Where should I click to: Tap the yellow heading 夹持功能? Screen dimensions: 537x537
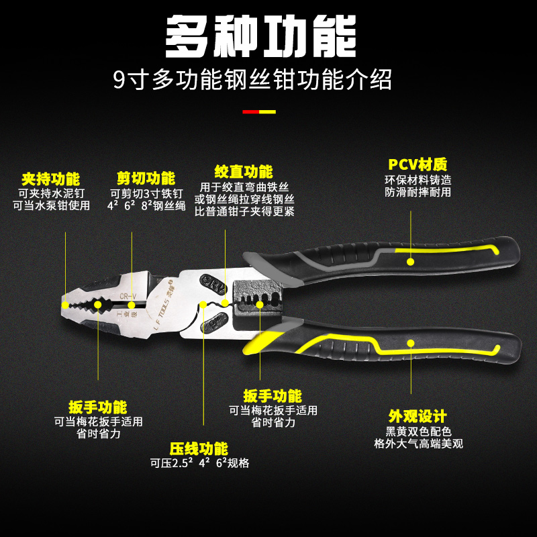coord(50,179)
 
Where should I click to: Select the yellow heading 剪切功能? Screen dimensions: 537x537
coord(146,179)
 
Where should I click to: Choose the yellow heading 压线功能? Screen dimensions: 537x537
coord(199,448)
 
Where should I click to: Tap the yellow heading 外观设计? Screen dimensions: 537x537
coord(418,416)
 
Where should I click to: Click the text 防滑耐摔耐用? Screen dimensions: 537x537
coord(418,192)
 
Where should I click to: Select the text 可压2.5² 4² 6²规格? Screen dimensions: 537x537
coord(199,463)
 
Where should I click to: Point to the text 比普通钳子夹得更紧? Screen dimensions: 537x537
coord(244,211)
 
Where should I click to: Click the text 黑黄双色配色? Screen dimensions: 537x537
coord(418,431)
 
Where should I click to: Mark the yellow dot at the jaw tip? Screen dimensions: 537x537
coord(65,304)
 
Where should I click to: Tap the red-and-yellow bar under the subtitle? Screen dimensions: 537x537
coord(258,111)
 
